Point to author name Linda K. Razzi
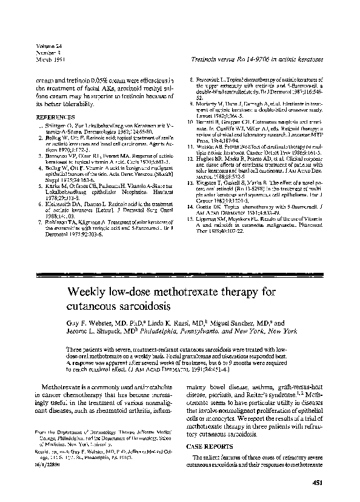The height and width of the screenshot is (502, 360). (170, 324)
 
